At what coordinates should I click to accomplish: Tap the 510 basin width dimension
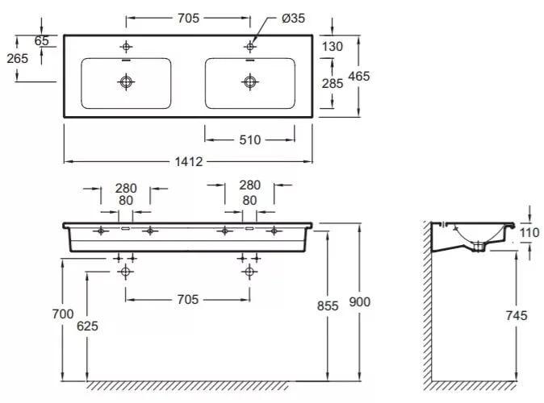click(x=250, y=139)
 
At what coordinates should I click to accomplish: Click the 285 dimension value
click(x=332, y=82)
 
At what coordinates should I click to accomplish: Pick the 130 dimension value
click(x=332, y=47)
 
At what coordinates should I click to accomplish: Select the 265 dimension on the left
click(x=17, y=58)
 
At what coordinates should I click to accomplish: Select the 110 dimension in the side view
click(x=529, y=233)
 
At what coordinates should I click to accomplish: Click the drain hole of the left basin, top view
click(x=126, y=81)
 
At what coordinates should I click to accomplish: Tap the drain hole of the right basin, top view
click(x=249, y=81)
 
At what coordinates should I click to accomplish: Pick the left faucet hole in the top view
click(x=126, y=46)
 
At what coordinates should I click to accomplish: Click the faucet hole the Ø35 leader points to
click(x=249, y=46)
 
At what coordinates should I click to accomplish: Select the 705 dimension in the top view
click(x=187, y=17)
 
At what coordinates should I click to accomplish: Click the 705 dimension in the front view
click(x=187, y=299)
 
